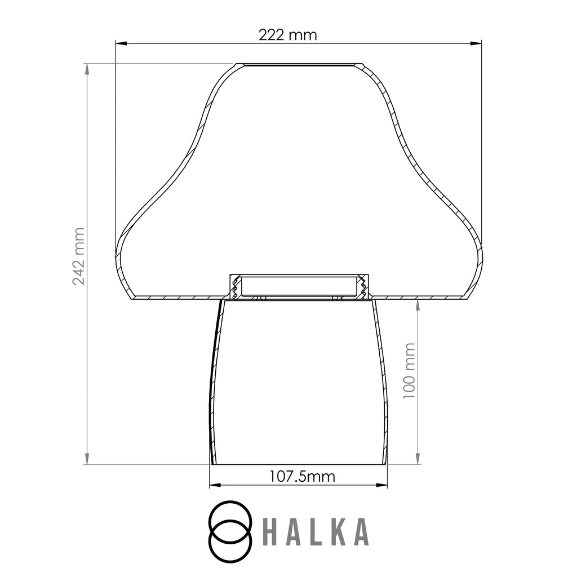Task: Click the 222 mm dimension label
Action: tap(287, 35)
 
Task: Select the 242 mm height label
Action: tap(78, 256)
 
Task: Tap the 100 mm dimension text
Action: tap(409, 371)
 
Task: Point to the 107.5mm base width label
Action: tap(302, 477)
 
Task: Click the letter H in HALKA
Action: tap(270, 532)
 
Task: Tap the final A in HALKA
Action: tap(360, 532)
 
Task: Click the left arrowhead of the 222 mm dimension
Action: tap(122, 43)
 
